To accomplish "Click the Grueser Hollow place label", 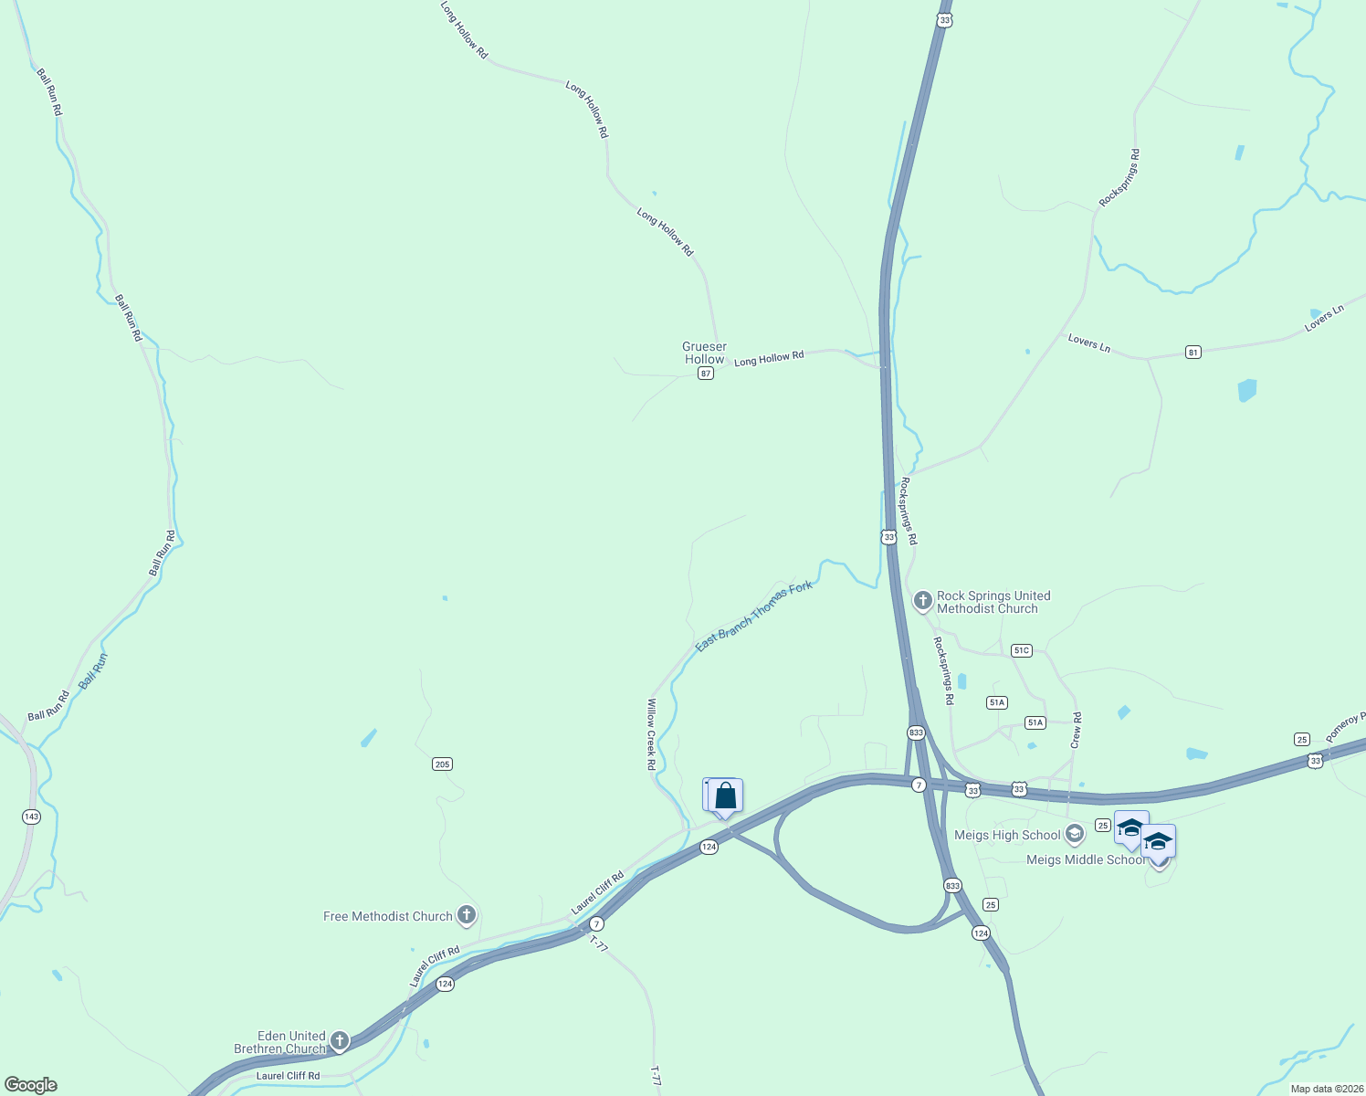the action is pyautogui.click(x=704, y=353).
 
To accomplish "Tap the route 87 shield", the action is pyautogui.click(x=705, y=374).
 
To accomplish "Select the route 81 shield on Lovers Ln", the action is pyautogui.click(x=1193, y=352).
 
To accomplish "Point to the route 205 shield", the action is pyautogui.click(x=442, y=764).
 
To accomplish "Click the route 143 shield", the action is pyautogui.click(x=32, y=817).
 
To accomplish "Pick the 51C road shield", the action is pyautogui.click(x=1021, y=650).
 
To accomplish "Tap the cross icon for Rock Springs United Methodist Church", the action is pyautogui.click(x=922, y=601).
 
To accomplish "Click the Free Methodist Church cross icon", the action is pyautogui.click(x=467, y=914).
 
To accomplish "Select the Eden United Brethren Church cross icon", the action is pyautogui.click(x=340, y=1040).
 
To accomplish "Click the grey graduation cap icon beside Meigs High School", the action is pyautogui.click(x=1075, y=834).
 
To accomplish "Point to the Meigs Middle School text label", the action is pyautogui.click(x=1085, y=859).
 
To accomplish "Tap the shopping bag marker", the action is pyautogui.click(x=725, y=796).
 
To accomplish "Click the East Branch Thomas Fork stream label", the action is pyautogui.click(x=753, y=616).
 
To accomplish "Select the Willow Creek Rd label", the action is pyautogui.click(x=651, y=734).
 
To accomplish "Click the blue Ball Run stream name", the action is pyautogui.click(x=93, y=670).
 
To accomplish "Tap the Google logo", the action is pyautogui.click(x=31, y=1084).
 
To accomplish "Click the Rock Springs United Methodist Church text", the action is pyautogui.click(x=993, y=602).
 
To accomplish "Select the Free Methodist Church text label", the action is pyautogui.click(x=388, y=916).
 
